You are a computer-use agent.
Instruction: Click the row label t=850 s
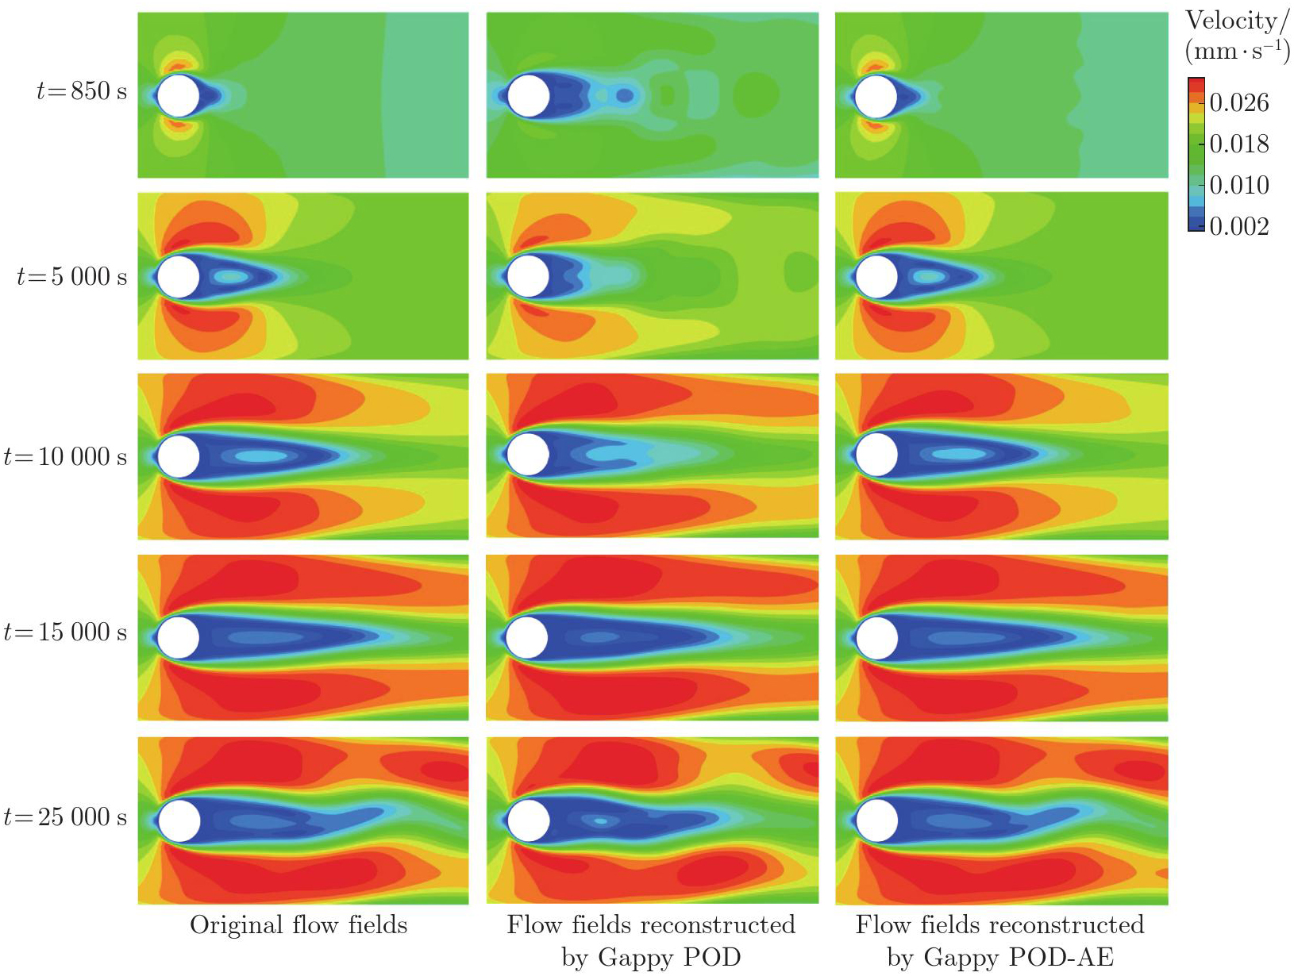(81, 91)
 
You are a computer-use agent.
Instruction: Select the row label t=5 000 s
(71, 276)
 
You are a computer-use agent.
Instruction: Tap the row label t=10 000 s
(65, 457)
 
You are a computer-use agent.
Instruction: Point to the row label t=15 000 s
(65, 632)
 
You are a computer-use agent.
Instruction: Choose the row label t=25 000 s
(65, 817)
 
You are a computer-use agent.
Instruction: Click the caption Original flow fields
(298, 925)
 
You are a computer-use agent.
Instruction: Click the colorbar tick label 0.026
(1238, 102)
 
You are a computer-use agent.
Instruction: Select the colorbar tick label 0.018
(1238, 144)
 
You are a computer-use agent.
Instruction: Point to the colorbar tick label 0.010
(1238, 185)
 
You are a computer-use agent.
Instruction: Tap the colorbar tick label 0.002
(1238, 226)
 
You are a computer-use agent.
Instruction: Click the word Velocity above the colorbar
(1231, 21)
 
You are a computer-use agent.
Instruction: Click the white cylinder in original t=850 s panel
(179, 96)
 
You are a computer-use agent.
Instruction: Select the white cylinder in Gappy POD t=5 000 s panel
(528, 276)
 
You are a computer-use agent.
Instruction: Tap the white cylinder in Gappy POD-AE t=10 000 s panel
(876, 455)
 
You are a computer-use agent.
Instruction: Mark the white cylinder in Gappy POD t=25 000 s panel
(528, 820)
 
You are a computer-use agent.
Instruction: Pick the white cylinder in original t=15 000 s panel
(179, 637)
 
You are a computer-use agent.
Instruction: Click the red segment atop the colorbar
(1196, 84)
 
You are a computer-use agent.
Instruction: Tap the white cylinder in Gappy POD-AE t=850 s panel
(876, 96)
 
